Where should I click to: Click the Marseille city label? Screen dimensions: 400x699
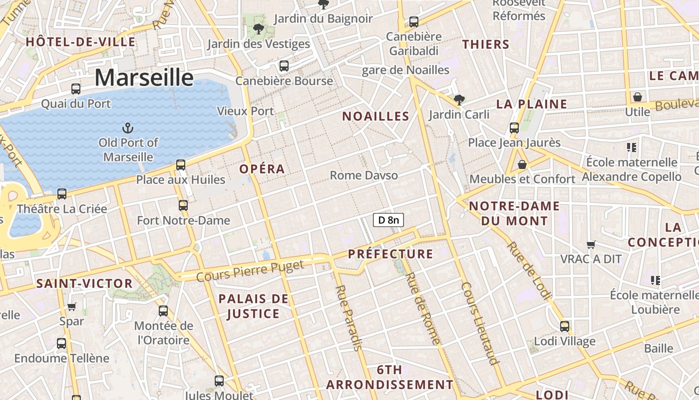144,78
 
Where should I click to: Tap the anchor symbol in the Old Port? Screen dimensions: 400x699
128,128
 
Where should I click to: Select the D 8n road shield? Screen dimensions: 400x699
388,220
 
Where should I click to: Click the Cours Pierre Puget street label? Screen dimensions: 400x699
250,270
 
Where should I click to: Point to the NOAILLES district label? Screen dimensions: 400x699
375,116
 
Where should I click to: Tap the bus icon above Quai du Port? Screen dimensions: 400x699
76,89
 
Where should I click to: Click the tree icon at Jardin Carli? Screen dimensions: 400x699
459,100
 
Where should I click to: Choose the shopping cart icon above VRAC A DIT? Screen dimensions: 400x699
591,244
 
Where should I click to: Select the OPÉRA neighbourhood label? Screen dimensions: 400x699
262,169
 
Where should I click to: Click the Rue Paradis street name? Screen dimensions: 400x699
349,318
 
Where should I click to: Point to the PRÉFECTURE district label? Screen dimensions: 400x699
390,254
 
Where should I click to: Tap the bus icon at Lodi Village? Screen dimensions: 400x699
565,326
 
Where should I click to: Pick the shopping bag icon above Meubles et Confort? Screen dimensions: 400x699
522,164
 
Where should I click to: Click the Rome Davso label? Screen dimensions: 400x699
364,175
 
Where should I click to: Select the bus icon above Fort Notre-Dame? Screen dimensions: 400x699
183,205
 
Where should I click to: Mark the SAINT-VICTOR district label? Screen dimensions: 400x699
84,284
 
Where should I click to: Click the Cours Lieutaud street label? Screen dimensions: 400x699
480,323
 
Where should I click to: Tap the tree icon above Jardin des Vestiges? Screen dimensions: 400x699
259,29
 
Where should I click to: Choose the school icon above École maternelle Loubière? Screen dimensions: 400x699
656,280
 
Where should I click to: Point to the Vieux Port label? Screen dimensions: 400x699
246,111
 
